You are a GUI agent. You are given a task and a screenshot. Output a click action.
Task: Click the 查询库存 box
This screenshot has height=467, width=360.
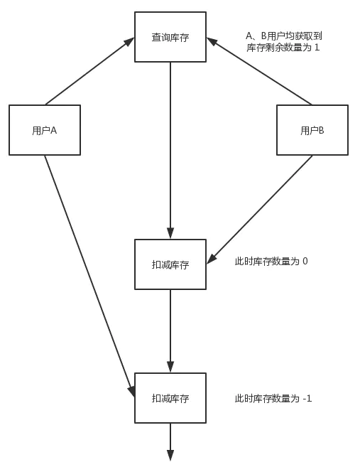[170, 37]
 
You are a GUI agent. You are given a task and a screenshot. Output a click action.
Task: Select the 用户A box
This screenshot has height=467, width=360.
[45, 130]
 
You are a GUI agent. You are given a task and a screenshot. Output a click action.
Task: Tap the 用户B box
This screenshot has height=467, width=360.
[312, 130]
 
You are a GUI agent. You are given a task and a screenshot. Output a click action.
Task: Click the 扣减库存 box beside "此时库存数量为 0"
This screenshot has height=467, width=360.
[170, 264]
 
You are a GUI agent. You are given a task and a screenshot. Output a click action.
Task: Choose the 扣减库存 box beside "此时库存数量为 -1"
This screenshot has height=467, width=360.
[170, 398]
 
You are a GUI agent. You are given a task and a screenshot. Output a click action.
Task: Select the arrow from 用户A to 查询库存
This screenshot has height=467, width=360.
[89, 72]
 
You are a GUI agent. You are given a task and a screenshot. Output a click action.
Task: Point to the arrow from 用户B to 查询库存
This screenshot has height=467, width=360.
[260, 72]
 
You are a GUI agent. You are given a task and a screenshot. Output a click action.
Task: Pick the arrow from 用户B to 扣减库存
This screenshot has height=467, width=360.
[260, 210]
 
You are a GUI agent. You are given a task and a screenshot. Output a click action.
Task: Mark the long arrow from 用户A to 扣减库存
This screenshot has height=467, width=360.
[89, 274]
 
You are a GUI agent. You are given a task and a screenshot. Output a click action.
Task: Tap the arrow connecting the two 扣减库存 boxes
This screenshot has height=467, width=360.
[170, 331]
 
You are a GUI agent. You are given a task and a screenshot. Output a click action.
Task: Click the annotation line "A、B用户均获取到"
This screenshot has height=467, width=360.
[284, 35]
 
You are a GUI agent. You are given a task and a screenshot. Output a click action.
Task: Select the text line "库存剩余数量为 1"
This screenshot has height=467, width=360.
[283, 48]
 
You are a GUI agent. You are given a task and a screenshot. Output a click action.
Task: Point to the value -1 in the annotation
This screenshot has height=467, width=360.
[307, 399]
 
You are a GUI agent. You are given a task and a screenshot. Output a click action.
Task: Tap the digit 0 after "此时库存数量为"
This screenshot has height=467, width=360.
[305, 262]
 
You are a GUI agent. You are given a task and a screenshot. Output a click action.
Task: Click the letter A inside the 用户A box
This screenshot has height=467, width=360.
[53, 131]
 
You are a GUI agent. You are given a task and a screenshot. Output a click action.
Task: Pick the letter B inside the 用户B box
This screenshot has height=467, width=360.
[321, 131]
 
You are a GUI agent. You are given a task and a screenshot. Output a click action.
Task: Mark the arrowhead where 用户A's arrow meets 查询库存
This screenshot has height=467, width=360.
[130, 41]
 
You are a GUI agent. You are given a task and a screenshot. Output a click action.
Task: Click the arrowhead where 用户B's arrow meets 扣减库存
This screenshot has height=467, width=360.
[211, 259]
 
